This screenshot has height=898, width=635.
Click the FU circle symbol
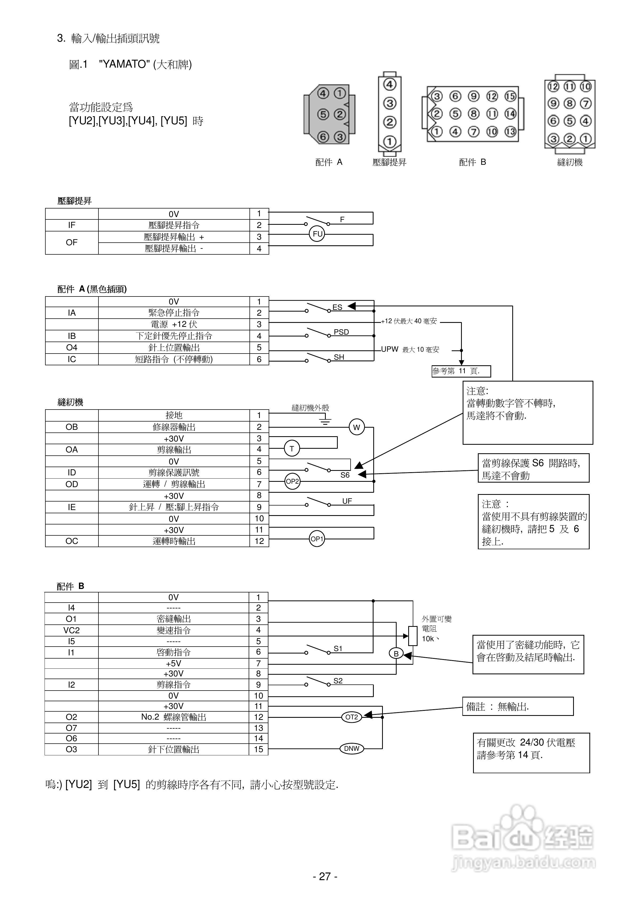tap(317, 234)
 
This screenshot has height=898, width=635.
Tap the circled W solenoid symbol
tap(356, 427)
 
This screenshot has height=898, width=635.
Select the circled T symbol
tap(292, 449)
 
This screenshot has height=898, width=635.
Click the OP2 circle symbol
tap(292, 482)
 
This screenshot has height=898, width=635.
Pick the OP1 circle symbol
tap(317, 539)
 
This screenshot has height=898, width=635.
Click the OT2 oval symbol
tap(352, 717)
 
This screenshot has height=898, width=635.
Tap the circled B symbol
tap(396, 654)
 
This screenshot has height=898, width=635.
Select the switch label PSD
tap(341, 332)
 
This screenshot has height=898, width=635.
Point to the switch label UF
tap(347, 501)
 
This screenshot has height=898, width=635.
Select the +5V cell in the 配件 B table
tap(173, 663)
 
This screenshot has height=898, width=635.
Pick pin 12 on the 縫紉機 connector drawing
tap(553, 86)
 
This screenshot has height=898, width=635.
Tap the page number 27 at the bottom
tap(325, 876)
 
